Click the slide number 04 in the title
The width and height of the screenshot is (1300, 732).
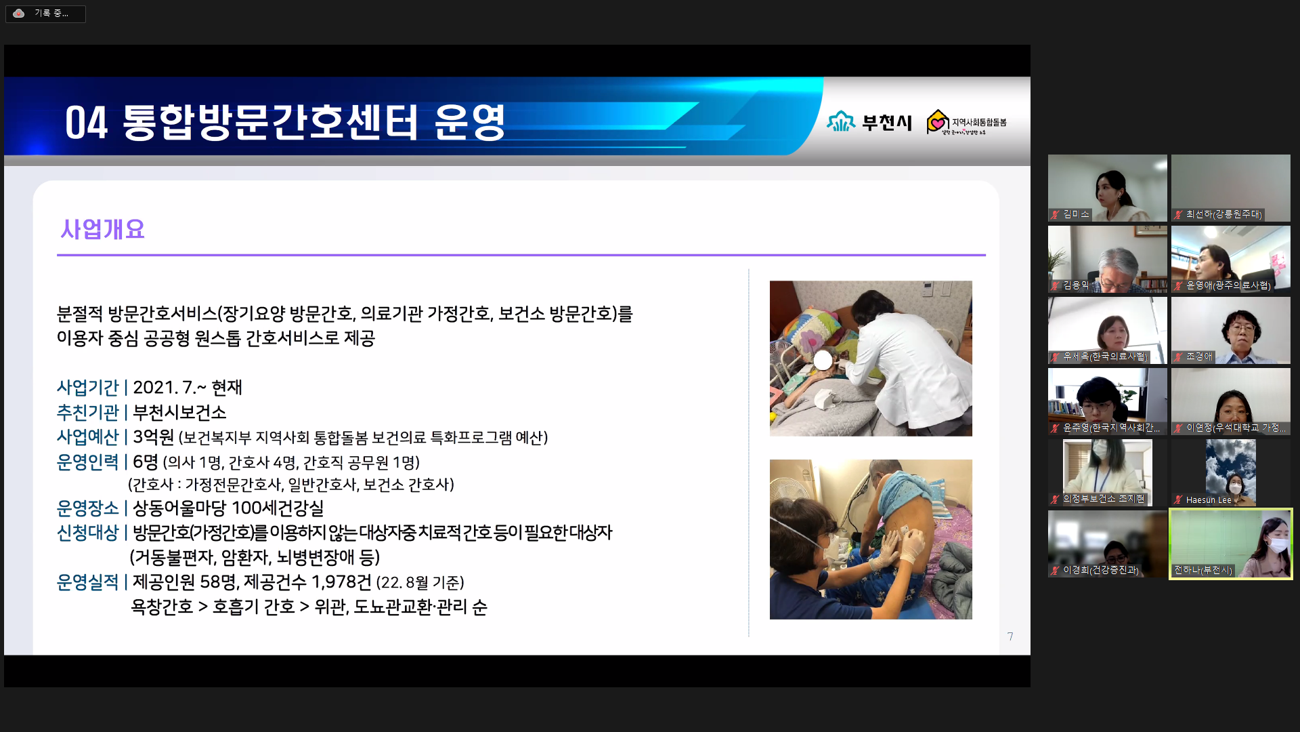[x=86, y=123]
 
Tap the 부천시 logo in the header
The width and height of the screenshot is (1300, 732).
[x=869, y=121]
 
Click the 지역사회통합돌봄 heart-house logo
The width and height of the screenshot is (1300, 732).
[x=966, y=122]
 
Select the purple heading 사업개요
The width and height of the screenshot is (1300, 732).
[x=102, y=229]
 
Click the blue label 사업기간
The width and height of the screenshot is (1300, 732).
[x=88, y=387]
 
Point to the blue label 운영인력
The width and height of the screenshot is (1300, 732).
[x=88, y=462]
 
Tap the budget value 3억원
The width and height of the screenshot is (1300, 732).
[x=153, y=437]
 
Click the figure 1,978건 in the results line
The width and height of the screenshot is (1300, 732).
[x=341, y=582]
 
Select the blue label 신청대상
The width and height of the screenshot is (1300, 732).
[x=88, y=533]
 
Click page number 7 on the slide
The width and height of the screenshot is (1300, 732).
[x=1010, y=636]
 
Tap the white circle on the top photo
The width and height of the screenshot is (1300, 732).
[x=823, y=360]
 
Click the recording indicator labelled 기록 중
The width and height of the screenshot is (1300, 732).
[x=45, y=14]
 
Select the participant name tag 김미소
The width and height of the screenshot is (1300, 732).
[x=1076, y=214]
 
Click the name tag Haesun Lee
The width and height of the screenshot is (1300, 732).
[x=1209, y=500]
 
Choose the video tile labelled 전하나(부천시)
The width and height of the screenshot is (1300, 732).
[x=1231, y=544]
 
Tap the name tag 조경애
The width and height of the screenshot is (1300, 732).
[x=1199, y=357]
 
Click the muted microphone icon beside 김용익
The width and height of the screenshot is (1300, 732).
[x=1055, y=285]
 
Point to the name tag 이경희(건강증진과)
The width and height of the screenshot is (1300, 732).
[x=1101, y=570]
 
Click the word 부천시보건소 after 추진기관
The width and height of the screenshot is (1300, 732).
[x=179, y=412]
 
